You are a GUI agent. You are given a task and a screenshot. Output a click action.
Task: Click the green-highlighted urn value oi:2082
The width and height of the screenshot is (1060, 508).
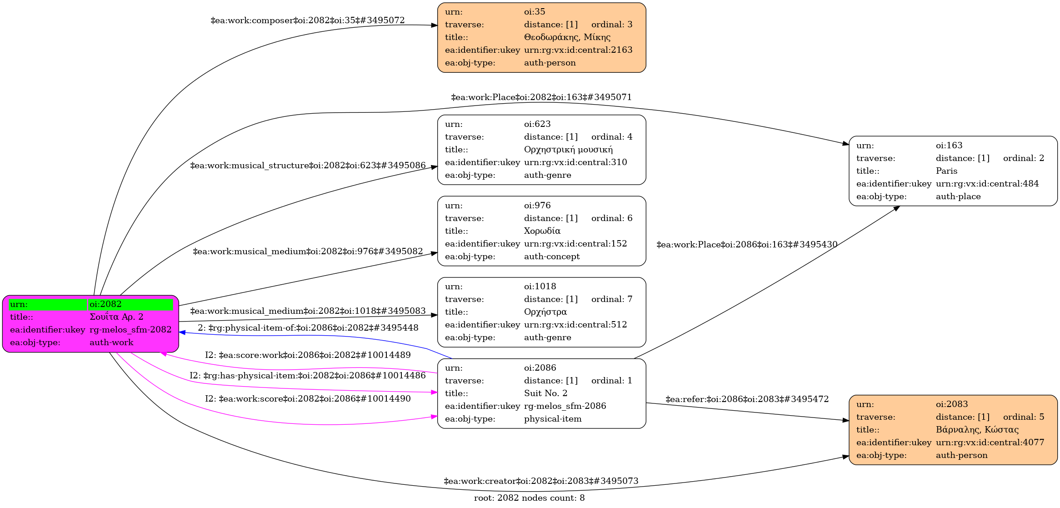(x=105, y=304)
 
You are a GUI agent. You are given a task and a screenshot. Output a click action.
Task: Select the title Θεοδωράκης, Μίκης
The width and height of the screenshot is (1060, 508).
(x=567, y=37)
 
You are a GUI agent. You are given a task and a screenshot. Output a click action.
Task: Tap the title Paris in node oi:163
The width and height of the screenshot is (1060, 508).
(x=946, y=171)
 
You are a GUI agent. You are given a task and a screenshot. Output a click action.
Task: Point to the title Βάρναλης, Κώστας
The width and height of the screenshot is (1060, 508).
(x=977, y=430)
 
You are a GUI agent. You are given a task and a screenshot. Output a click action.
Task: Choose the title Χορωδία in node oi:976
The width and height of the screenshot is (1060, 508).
(x=542, y=231)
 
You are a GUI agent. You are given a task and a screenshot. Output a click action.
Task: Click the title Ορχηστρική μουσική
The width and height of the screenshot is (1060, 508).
(x=568, y=150)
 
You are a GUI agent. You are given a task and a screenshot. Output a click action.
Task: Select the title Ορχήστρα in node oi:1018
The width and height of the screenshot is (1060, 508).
(x=545, y=312)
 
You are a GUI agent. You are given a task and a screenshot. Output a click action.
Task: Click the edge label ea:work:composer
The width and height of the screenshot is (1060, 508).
(x=307, y=20)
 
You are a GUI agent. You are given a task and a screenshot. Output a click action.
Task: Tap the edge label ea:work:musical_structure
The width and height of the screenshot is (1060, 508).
(x=308, y=166)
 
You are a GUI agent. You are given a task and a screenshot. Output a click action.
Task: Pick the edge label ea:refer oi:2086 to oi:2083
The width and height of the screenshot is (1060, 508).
(x=747, y=399)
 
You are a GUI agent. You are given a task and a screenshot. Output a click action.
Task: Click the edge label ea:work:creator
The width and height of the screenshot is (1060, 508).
(x=541, y=481)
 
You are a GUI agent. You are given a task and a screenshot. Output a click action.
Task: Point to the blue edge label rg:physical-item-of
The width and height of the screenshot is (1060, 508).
(x=308, y=328)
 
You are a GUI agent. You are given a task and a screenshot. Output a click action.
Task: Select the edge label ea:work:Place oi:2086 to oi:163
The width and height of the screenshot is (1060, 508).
(x=747, y=245)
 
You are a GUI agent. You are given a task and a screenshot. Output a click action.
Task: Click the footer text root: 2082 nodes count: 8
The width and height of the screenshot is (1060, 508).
(x=529, y=498)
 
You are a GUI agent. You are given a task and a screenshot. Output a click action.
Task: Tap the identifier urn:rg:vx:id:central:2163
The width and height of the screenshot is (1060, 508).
(x=578, y=50)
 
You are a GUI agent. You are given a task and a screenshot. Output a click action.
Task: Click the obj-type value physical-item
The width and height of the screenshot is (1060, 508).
(x=553, y=419)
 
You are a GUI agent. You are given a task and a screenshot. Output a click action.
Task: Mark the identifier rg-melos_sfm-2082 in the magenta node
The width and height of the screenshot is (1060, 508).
(x=130, y=330)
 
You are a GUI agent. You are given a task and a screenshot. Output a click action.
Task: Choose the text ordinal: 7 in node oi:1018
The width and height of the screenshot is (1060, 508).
(x=611, y=299)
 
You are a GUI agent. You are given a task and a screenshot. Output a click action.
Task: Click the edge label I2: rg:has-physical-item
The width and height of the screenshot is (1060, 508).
(x=307, y=376)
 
